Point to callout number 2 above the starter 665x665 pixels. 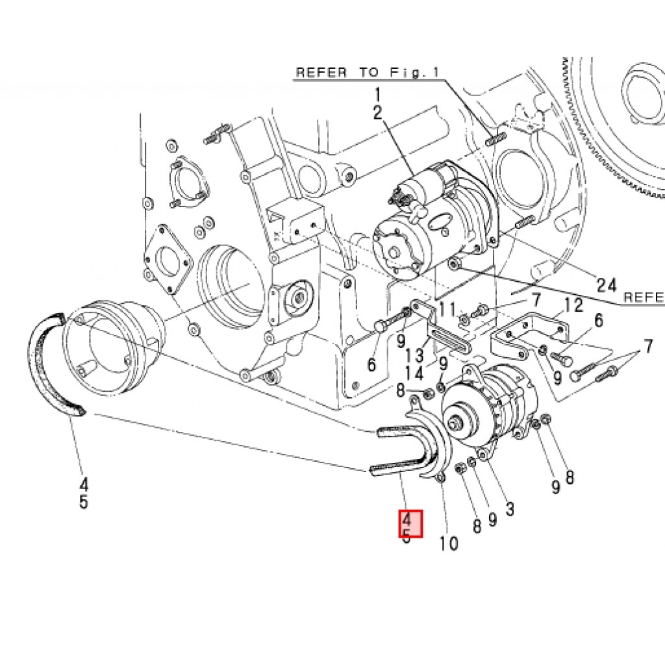coord(377,112)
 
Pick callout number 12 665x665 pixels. coord(573,305)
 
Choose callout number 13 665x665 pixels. coord(416,355)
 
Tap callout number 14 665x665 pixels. coord(416,373)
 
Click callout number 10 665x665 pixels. coord(449,543)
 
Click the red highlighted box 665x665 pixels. coord(410,523)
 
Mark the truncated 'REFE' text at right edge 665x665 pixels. coord(643,297)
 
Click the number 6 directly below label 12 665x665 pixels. coord(598,320)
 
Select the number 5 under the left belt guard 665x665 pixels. coord(84,502)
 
